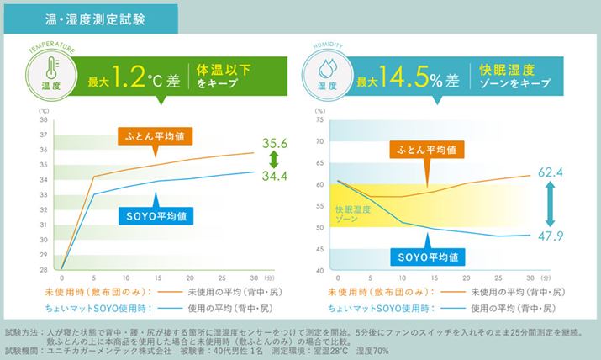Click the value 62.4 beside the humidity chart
pos(549,172)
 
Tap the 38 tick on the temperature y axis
pos(44,120)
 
